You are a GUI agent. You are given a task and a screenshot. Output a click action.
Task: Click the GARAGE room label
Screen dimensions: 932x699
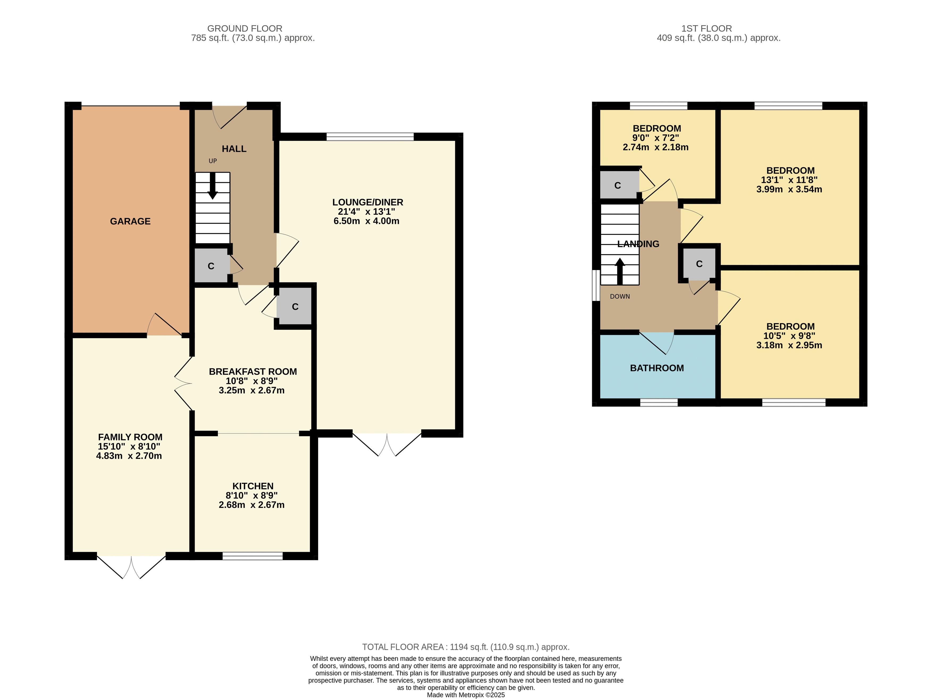(x=130, y=221)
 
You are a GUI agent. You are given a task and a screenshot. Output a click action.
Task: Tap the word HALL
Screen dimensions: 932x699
(x=234, y=149)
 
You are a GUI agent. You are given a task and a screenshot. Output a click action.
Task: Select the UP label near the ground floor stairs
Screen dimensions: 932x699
(x=213, y=161)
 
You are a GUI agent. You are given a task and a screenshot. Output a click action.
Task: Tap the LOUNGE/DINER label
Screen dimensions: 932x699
(x=368, y=202)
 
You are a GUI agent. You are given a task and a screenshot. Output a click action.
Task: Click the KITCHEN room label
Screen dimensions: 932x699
(x=253, y=486)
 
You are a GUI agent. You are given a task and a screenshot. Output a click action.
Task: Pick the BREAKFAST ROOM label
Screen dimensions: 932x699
(x=253, y=372)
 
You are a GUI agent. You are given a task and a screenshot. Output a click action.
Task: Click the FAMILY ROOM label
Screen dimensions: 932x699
(x=130, y=437)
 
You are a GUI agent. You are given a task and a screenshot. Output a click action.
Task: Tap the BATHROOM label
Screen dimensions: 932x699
(x=657, y=368)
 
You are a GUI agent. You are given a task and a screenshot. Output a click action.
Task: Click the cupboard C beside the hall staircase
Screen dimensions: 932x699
(x=211, y=266)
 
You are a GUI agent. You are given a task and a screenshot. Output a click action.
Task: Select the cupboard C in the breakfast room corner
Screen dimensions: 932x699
(x=295, y=307)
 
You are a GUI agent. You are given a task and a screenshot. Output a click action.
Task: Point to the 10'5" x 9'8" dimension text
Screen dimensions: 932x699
(x=790, y=336)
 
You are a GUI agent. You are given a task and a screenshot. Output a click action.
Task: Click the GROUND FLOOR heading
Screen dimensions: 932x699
(x=245, y=29)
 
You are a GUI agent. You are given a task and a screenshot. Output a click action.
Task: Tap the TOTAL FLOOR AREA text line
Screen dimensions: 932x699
(x=466, y=647)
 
